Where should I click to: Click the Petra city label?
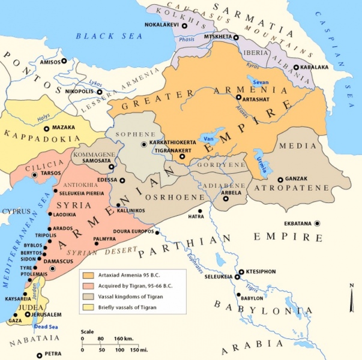(53, 355)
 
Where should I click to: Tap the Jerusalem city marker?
(26, 314)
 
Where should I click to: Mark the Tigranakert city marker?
(182, 157)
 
